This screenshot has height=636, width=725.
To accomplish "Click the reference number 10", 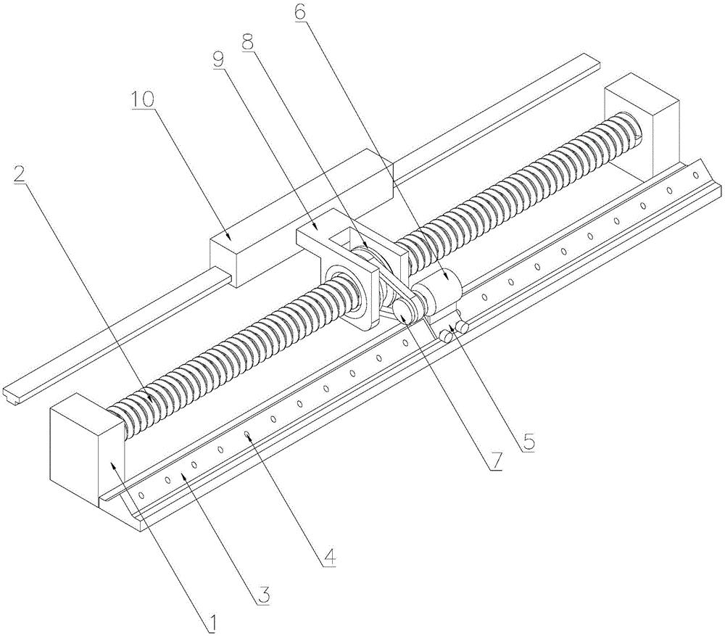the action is pos(143,99).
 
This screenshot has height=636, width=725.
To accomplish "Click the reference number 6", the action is pos(299,12).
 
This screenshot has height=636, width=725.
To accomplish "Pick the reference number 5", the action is pos(527,442).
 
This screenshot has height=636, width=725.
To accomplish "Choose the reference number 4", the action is pos(328,558).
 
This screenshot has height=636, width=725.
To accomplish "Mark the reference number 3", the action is pos(263,596).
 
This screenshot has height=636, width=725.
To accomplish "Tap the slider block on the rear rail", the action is pos(301,218).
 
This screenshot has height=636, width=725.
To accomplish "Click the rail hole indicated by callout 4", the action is pos(247,434).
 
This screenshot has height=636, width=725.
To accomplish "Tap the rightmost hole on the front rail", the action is pos(695,175).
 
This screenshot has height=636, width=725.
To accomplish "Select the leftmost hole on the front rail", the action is pos(141,495).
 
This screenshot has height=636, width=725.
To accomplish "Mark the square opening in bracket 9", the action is pos(343,241).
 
